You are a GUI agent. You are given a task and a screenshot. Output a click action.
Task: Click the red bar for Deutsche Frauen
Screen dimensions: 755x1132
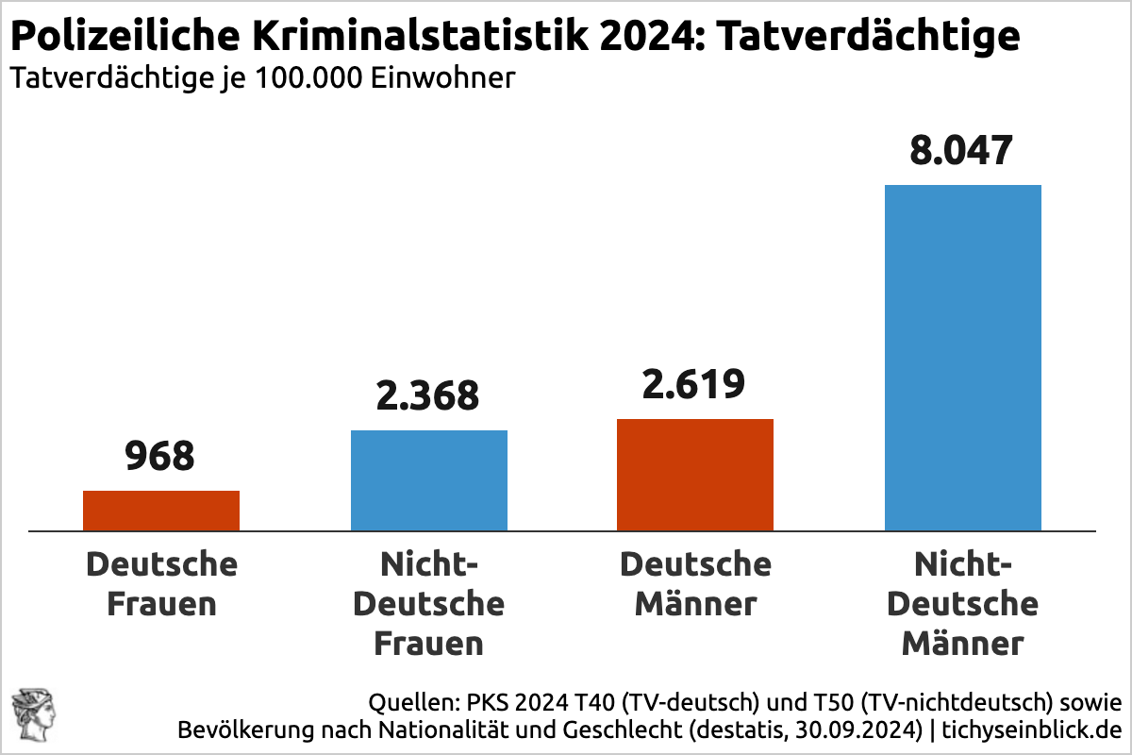(x=161, y=511)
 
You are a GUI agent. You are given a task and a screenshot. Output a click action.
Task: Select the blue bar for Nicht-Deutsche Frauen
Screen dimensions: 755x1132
(x=429, y=480)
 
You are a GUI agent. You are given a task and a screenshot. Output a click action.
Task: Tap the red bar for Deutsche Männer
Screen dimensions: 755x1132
(x=695, y=475)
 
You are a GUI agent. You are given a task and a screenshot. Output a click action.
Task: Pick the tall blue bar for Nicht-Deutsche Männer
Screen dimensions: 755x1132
(x=962, y=358)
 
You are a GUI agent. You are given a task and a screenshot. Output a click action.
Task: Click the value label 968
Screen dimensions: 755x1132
(x=160, y=457)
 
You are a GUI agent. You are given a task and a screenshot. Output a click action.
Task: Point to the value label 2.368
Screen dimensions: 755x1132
(x=429, y=395)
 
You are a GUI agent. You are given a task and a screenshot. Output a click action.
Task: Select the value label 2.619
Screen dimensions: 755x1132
(x=695, y=384)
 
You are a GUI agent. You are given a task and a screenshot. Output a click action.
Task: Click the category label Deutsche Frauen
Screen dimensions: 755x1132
(x=161, y=584)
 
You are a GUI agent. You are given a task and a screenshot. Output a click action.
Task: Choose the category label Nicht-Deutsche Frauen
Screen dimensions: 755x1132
(x=429, y=604)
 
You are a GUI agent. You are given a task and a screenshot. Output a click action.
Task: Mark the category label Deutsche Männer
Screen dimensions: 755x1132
(x=695, y=584)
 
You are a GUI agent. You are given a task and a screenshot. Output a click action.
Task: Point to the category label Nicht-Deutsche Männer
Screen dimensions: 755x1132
(x=962, y=604)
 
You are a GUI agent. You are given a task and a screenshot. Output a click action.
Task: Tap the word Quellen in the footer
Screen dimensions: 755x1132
(x=408, y=703)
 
